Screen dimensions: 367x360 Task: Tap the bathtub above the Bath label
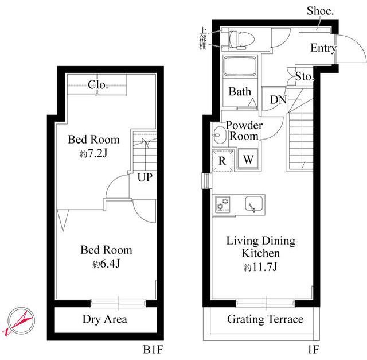click(240, 65)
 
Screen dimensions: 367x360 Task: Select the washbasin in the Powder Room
click(218, 135)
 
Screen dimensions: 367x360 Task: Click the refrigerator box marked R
click(222, 161)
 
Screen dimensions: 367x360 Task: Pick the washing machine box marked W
click(248, 160)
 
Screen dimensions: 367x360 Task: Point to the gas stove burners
click(222, 204)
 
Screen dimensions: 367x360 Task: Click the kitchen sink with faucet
click(254, 204)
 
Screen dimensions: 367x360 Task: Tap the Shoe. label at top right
click(320, 11)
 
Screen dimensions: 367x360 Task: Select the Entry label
click(323, 48)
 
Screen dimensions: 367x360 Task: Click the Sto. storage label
click(304, 76)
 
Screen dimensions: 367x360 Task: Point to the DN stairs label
click(278, 100)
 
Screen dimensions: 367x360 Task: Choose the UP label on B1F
click(145, 177)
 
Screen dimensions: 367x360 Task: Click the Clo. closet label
click(98, 84)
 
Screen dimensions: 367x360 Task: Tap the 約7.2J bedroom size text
click(93, 154)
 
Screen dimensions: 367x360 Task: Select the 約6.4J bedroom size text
click(106, 264)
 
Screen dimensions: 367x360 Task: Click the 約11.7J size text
click(260, 267)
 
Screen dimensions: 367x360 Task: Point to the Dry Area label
click(105, 319)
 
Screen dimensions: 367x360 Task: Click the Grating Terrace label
click(265, 319)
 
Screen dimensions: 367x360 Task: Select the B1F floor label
click(153, 350)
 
